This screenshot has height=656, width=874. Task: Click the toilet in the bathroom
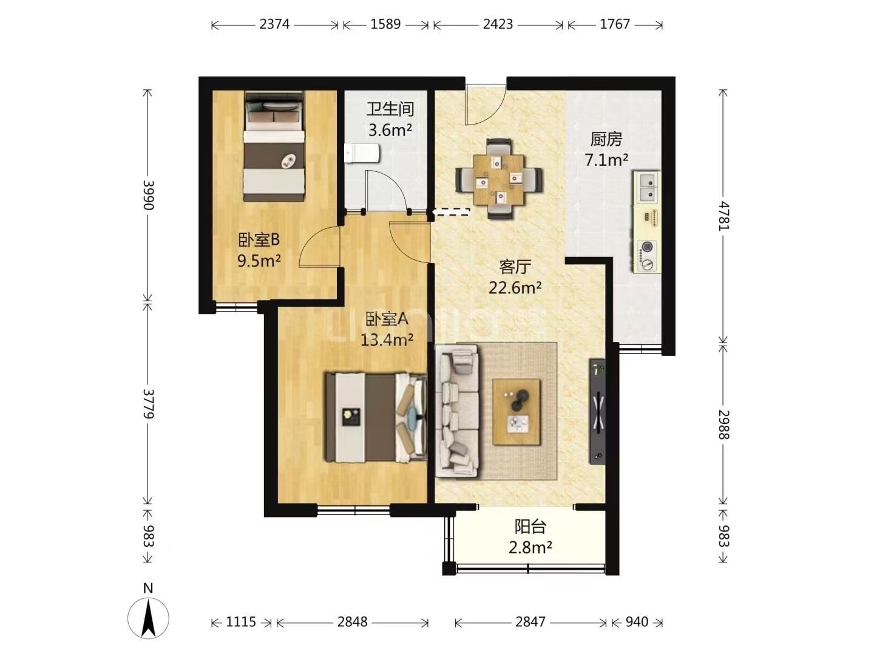[x=362, y=153]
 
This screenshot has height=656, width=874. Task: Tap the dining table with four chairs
[x=498, y=179]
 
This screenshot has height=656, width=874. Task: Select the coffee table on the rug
[x=517, y=412]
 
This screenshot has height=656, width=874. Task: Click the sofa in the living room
[x=456, y=411]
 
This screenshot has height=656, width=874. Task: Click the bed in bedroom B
[x=274, y=146]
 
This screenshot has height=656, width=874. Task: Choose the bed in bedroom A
[x=376, y=417]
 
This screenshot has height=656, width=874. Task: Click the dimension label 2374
[x=274, y=24]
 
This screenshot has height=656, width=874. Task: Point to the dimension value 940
[x=637, y=622]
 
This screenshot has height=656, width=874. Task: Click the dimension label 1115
[x=241, y=622]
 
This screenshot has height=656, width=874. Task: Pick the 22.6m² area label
[x=515, y=287]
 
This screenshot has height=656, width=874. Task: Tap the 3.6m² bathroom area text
[x=390, y=130]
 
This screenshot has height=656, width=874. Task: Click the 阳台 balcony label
[x=530, y=527]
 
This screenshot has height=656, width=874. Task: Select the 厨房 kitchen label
[x=606, y=139]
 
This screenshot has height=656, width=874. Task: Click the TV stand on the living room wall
[x=597, y=411]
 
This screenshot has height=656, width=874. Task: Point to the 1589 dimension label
[x=385, y=24]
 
